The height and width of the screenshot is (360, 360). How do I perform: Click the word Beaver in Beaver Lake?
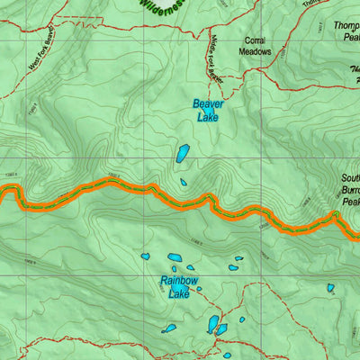click(x=209, y=104)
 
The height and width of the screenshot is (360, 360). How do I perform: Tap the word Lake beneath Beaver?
click(x=209, y=116)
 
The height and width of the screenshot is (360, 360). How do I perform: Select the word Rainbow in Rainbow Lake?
click(x=179, y=280)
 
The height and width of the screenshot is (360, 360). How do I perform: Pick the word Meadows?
click(x=256, y=52)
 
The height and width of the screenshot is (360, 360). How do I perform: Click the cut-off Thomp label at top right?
click(x=346, y=26)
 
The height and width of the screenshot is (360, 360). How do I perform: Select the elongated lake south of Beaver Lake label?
click(x=184, y=153)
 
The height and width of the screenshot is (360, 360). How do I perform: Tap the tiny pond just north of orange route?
click(x=184, y=182)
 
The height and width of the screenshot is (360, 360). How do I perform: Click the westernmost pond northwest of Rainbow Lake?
click(x=145, y=256)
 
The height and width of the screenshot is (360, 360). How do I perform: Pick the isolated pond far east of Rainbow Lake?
click(x=330, y=288)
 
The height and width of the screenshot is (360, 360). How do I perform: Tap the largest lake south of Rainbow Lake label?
click(x=213, y=323)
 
